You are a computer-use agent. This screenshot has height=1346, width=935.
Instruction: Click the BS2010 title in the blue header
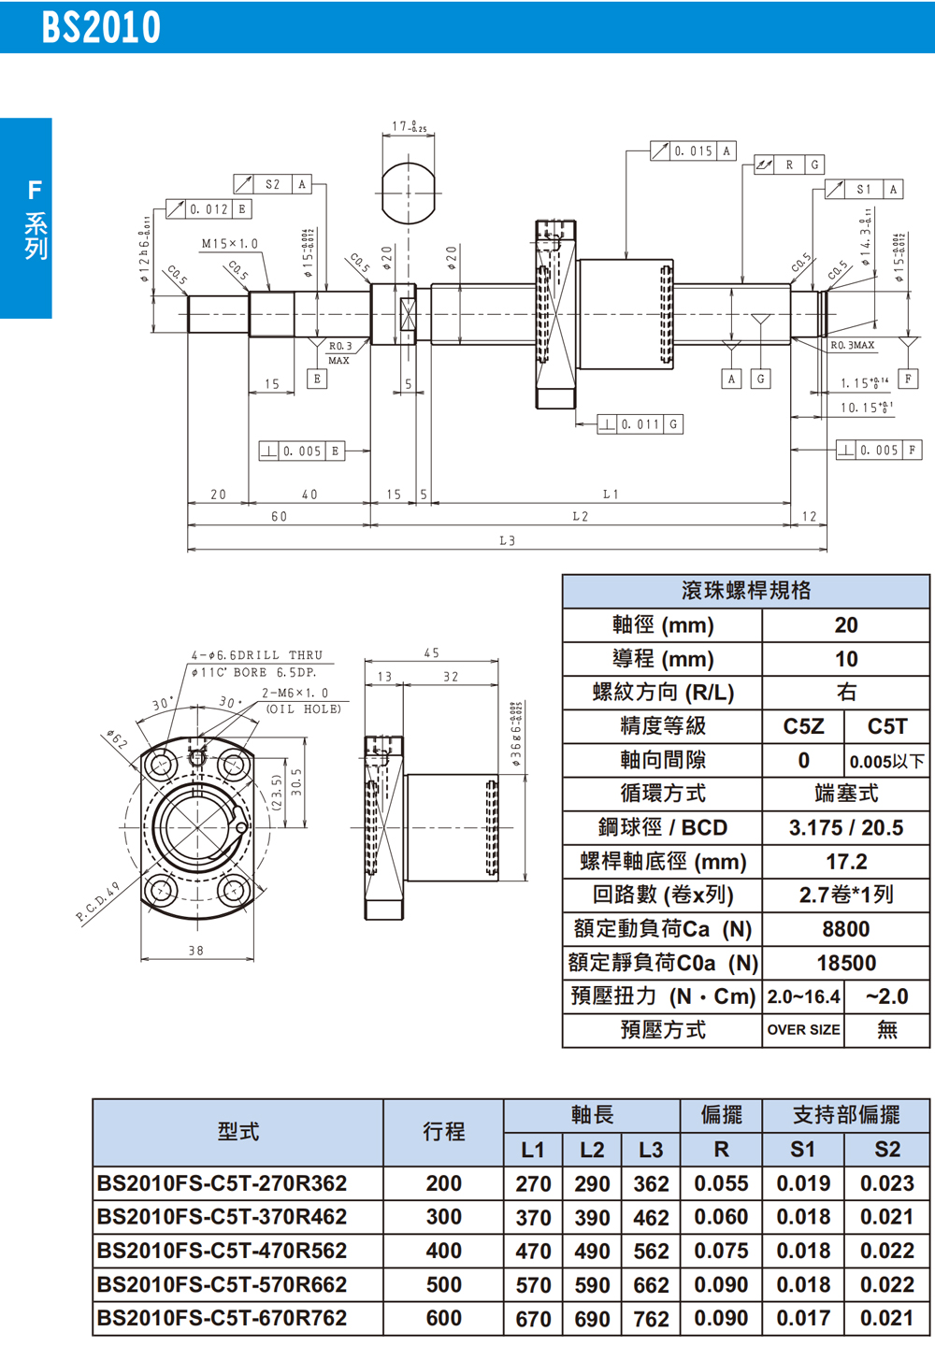101,27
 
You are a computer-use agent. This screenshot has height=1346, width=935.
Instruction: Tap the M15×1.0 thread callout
229,244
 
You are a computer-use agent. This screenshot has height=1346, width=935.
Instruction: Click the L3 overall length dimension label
507,540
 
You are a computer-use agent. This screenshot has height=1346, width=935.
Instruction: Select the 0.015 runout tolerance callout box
693,150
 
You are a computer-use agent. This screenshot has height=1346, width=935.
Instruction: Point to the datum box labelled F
907,379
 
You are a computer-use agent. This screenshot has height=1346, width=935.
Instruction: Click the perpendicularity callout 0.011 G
640,424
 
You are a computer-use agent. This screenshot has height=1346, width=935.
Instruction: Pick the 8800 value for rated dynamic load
845,929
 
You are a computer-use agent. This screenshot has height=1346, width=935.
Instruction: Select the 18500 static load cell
845,963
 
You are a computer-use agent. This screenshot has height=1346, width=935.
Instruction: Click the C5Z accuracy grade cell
803,726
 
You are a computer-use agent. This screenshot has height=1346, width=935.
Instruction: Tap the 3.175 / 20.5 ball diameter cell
845,828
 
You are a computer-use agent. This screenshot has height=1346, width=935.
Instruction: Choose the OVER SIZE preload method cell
803,1030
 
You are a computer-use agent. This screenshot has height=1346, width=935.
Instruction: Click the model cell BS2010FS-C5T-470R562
222,1251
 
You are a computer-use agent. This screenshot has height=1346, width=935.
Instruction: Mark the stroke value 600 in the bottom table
443,1318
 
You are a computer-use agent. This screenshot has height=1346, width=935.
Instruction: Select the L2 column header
592,1150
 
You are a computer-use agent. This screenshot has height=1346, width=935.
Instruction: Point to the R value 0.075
721,1251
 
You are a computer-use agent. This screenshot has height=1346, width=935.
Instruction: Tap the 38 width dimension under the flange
195,951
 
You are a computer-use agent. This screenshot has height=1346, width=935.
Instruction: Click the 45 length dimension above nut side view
431,653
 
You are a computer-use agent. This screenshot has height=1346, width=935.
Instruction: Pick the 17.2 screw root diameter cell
845,862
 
